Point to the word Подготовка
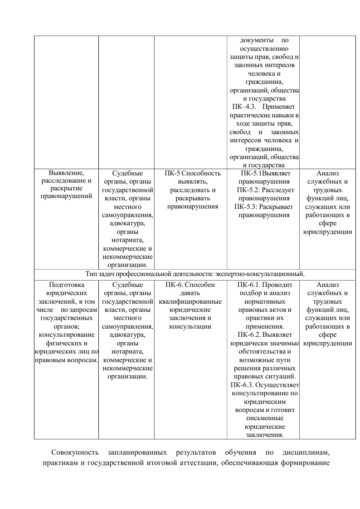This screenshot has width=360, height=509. (66, 285)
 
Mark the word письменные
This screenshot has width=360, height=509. (264, 418)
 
